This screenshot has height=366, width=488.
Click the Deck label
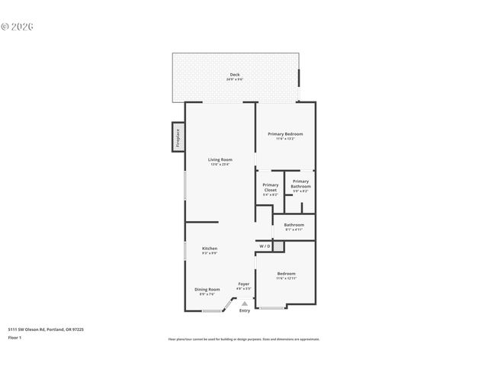(234, 75)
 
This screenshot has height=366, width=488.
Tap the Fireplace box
(178, 136)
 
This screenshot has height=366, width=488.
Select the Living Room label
(220, 159)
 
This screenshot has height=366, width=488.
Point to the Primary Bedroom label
(284, 134)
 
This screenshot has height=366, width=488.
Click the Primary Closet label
(270, 185)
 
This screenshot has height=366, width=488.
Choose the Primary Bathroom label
(300, 184)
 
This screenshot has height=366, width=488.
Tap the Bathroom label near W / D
(294, 224)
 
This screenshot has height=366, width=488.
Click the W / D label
(264, 246)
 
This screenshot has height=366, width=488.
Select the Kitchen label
(210, 248)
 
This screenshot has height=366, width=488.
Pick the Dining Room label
(207, 289)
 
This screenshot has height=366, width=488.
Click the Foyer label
(243, 284)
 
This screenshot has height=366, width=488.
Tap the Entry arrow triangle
(245, 303)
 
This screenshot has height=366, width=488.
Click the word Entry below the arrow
(245, 310)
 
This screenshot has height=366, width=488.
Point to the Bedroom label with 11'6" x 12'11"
(286, 273)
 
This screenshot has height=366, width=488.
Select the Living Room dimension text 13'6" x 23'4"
(220, 164)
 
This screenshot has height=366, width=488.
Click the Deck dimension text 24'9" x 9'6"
(234, 79)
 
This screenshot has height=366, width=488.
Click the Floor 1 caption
(15, 336)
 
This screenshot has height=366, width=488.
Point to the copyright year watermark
(18, 27)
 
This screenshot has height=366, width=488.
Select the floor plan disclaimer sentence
(243, 339)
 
